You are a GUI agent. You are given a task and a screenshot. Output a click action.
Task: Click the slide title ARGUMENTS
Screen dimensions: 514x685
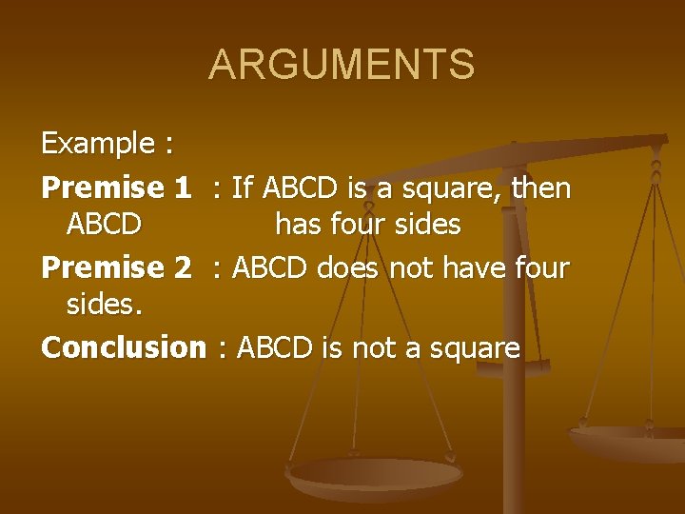tap(342, 65)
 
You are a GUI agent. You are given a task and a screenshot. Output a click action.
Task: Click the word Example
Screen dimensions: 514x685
tap(99, 145)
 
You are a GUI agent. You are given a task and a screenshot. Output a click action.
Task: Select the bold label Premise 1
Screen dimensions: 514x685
tap(116, 188)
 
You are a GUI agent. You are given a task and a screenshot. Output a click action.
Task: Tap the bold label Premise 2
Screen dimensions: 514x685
tap(116, 268)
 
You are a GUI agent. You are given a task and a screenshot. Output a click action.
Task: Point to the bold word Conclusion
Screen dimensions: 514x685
tap(123, 348)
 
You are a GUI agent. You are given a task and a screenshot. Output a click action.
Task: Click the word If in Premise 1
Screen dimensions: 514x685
tap(242, 188)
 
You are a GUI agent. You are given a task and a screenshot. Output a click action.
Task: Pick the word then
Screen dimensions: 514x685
tap(541, 188)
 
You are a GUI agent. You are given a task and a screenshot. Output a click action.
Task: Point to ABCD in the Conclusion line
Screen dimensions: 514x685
tap(274, 348)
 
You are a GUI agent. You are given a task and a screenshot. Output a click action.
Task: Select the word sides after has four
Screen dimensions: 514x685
tap(426, 226)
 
